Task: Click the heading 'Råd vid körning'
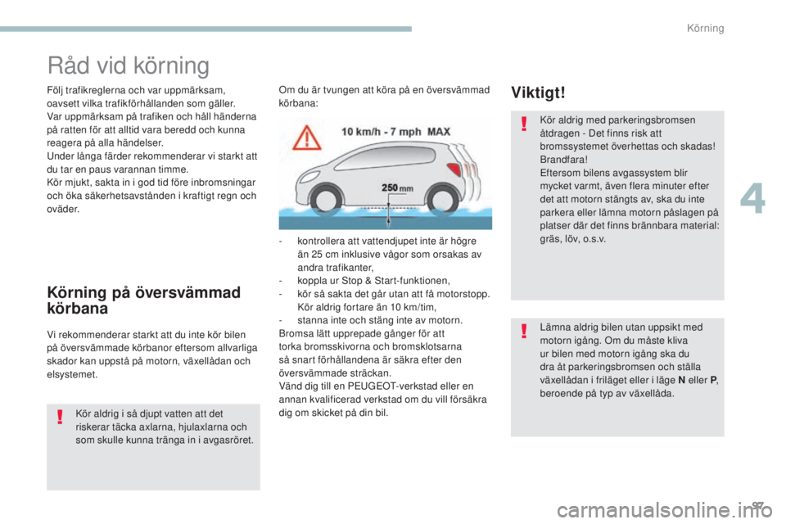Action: click(128, 65)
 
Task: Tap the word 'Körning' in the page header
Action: click(705, 29)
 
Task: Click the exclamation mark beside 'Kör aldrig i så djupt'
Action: click(60, 418)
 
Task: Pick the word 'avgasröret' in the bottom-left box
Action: click(227, 440)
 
